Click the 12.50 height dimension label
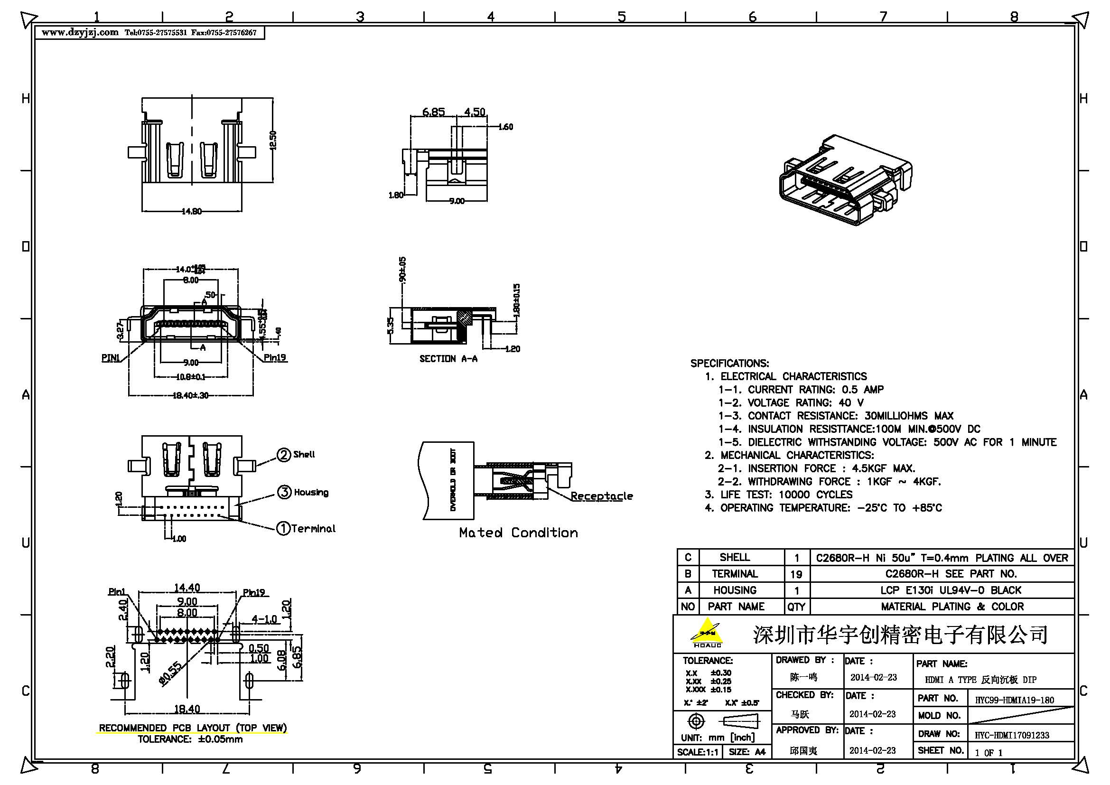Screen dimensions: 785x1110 coord(273,140)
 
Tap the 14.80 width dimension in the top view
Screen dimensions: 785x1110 coord(191,211)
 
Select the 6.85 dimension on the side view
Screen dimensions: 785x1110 coord(433,112)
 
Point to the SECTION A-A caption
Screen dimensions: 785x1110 coord(448,359)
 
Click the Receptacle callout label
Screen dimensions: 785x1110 coord(601,496)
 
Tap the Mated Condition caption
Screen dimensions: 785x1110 coord(518,533)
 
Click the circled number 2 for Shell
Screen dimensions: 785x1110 coord(283,455)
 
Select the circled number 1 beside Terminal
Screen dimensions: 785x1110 coord(283,528)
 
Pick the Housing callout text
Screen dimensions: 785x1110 coord(311,493)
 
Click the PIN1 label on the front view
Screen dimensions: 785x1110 coord(110,358)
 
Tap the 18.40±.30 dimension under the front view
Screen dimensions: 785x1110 coord(190,395)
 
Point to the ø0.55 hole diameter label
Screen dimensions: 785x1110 coord(171,673)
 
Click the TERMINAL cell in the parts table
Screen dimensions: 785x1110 coord(734,574)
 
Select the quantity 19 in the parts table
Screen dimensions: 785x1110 coord(796,574)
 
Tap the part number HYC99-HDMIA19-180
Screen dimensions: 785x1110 coord(1014,700)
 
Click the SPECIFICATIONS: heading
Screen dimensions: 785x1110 coord(729,364)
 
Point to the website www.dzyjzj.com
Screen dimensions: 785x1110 coord(80,32)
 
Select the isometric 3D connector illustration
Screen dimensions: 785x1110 coord(845,181)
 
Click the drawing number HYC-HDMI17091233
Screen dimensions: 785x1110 coord(1011,735)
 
